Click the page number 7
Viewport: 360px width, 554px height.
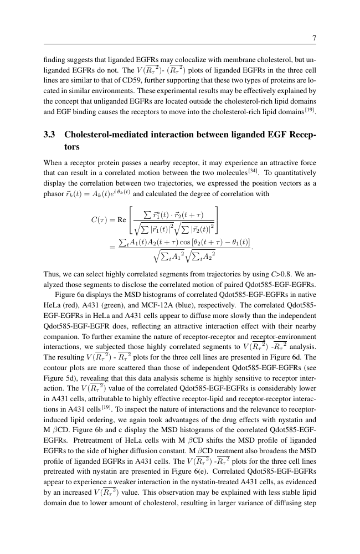314,38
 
